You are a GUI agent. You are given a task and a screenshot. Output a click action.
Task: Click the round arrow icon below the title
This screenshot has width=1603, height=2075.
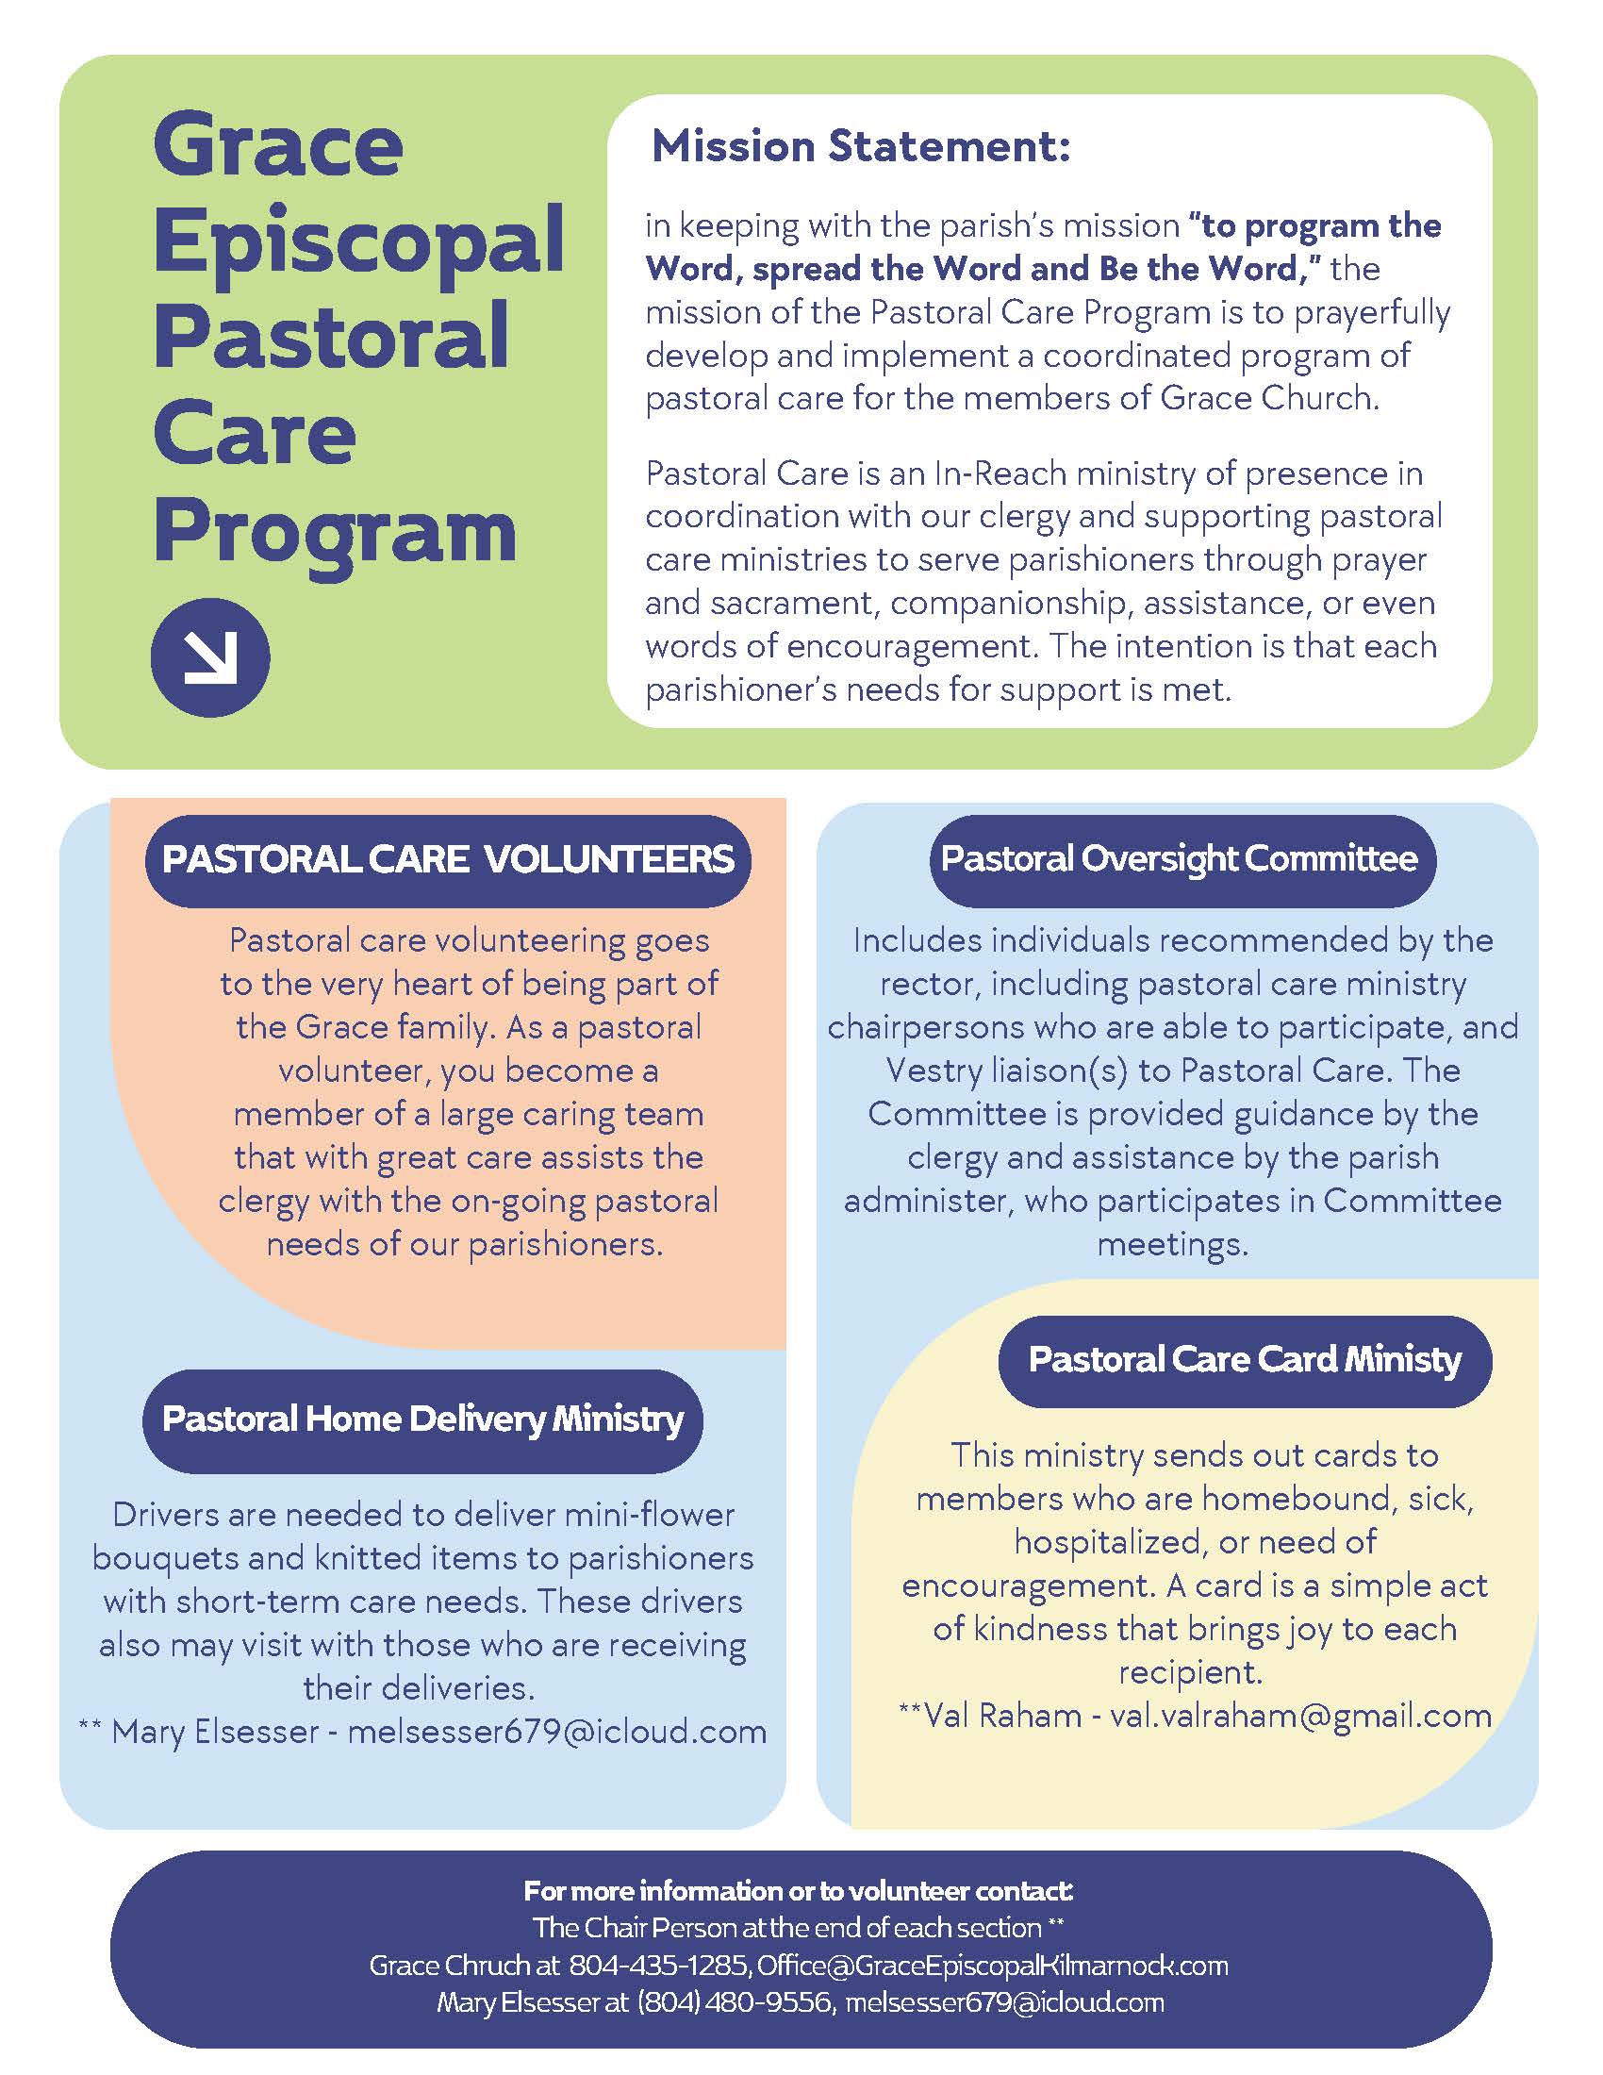(210, 656)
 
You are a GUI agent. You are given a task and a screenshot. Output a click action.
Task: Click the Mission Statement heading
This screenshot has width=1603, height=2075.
(860, 146)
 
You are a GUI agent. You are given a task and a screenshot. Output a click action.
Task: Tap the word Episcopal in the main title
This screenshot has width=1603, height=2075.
(359, 241)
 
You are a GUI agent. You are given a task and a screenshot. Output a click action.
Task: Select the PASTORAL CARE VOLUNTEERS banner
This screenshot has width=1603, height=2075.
(447, 860)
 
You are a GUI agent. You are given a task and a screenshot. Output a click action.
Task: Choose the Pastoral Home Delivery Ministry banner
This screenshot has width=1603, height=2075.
(422, 1419)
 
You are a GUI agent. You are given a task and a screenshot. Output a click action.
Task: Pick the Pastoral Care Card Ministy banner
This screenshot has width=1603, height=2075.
(1244, 1359)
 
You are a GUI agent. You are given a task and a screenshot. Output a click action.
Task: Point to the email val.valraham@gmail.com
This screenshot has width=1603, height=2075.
(1300, 1716)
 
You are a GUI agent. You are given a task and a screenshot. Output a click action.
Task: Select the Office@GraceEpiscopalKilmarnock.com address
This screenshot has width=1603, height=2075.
(992, 1965)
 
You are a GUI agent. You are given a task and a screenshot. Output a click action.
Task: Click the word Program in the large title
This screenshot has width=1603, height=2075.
(335, 534)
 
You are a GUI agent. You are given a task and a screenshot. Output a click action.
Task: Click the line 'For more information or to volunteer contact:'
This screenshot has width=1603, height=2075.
(799, 1891)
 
